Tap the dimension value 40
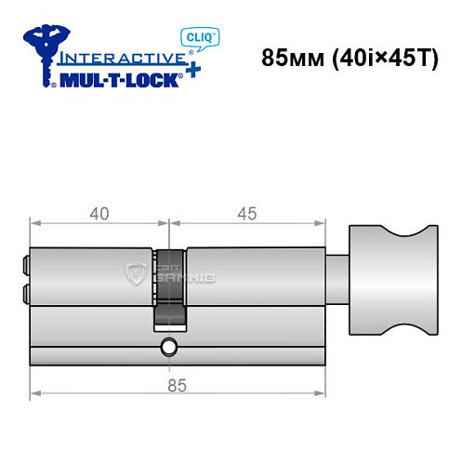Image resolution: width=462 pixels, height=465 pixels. coord(99,213)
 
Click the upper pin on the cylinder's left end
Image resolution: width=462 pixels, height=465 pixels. coord(24,266)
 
